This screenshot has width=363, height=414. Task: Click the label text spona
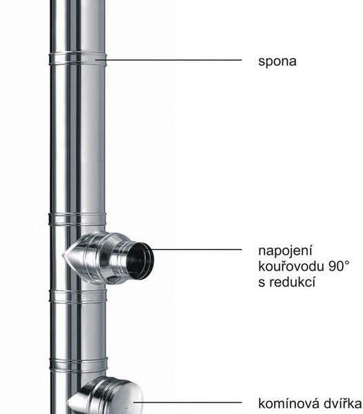tap(277, 62)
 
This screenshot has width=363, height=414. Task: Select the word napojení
tap(285, 251)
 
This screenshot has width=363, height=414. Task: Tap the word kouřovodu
tap(291, 266)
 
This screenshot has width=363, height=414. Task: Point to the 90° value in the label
tap(340, 266)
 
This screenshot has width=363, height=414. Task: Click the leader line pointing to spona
tap(168, 60)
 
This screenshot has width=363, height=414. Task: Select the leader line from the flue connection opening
tap(197, 249)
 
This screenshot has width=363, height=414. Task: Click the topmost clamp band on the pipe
tap(77, 59)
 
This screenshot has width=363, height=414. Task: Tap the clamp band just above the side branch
tap(77, 219)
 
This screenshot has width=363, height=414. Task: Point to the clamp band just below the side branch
tap(78, 296)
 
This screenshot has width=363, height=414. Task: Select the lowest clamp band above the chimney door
tap(79, 364)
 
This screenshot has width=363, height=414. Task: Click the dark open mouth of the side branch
tap(139, 261)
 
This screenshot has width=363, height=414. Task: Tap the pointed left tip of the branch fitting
tap(63, 255)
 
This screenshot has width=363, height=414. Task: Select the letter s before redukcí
tap(262, 282)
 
